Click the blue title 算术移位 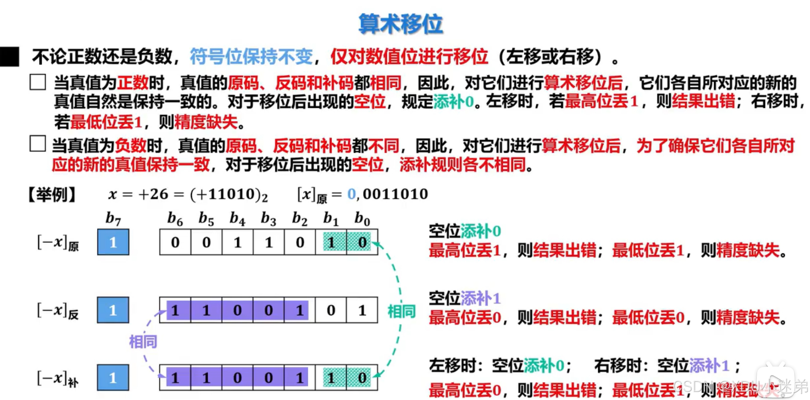click(401, 24)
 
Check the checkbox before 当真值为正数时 click(37, 82)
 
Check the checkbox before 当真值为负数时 click(37, 144)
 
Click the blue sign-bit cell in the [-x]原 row click(113, 242)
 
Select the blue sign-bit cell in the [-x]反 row click(113, 310)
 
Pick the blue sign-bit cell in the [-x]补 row click(113, 378)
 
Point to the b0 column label click(362, 219)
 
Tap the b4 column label click(237, 219)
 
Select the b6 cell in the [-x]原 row click(175, 242)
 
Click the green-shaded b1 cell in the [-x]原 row click(331, 242)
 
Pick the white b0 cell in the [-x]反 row click(362, 310)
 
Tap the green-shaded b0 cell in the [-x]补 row click(362, 378)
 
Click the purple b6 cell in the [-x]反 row click(175, 310)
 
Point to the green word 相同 click(401, 311)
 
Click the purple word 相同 click(143, 342)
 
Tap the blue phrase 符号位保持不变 click(251, 57)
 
